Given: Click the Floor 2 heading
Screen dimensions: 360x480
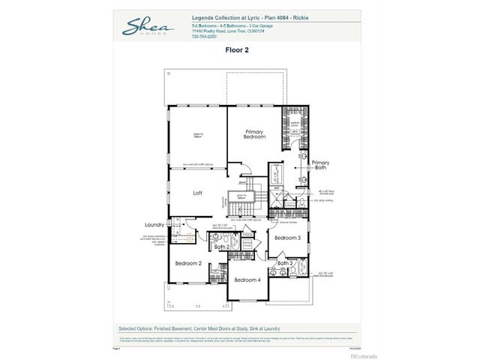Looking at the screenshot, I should coord(236,50).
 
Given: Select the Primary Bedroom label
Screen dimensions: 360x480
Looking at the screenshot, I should coord(254,134).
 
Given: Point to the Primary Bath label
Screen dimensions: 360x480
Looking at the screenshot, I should coord(320,165).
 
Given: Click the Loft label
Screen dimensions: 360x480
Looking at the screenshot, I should coord(197,193).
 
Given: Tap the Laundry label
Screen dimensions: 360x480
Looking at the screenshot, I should coord(154,224).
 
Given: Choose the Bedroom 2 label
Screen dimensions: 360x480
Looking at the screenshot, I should coord(188,263).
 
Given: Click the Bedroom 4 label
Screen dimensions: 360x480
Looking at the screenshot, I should coord(247,280).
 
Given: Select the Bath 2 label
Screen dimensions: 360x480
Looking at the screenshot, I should coord(221,247).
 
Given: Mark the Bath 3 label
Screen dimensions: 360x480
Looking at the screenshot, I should coord(285,263).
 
